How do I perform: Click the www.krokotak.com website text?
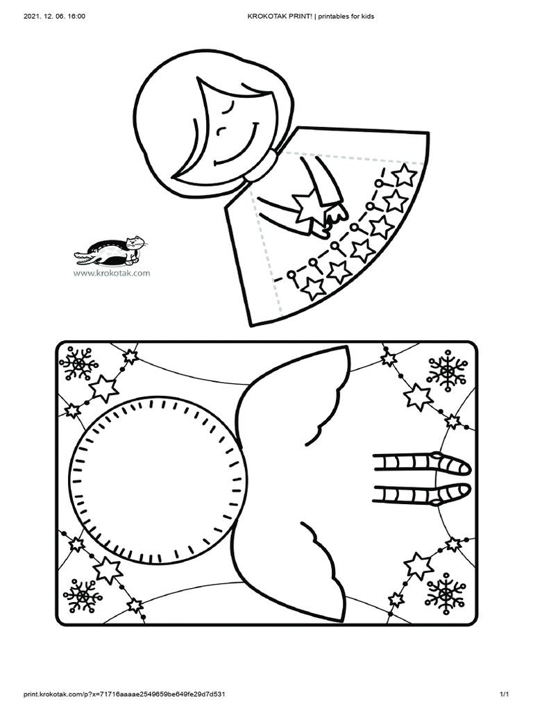pos(111,273)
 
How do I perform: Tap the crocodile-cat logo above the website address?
pos(112,251)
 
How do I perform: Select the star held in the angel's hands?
pos(306,206)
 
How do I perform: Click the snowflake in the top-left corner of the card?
pos(78,363)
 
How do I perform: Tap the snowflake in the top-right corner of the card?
pos(446,371)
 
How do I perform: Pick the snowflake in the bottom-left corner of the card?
pos(83,595)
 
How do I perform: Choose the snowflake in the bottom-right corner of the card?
pos(445,592)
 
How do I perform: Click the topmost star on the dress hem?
pos(404,174)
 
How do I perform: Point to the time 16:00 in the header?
pos(76,16)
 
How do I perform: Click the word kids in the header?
pos(366,16)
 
